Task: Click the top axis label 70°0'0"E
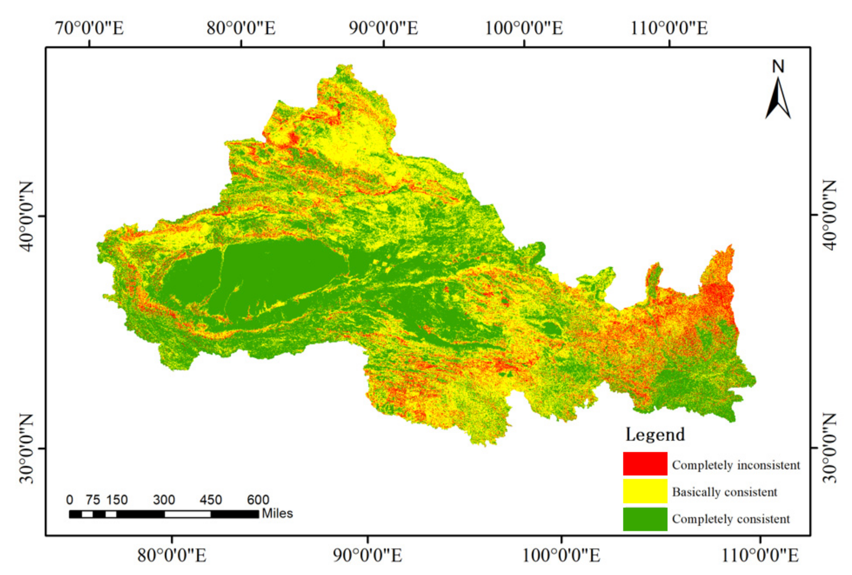click(x=90, y=28)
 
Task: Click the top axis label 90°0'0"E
click(x=383, y=28)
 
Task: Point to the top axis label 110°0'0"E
click(x=669, y=28)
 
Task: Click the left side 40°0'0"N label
click(x=26, y=216)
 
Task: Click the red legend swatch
click(x=645, y=463)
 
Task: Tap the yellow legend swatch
click(x=645, y=491)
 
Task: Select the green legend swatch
click(x=645, y=518)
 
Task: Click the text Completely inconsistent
click(x=735, y=465)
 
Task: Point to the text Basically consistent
click(x=724, y=492)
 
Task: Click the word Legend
click(x=655, y=434)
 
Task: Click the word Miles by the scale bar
click(x=277, y=513)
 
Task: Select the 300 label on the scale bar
click(x=164, y=499)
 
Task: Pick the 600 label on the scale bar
click(x=258, y=499)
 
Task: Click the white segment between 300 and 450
click(x=187, y=514)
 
